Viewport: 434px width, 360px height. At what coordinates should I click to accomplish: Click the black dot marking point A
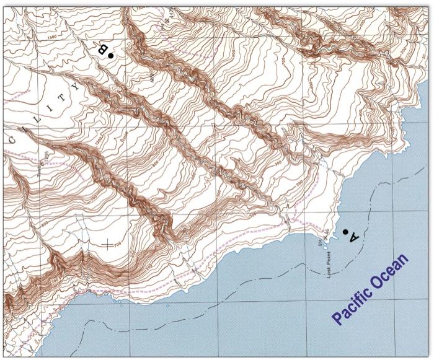tap(345, 232)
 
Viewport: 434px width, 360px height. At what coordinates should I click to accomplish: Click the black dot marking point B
tap(110, 56)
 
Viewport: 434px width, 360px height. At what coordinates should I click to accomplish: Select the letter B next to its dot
tap(103, 49)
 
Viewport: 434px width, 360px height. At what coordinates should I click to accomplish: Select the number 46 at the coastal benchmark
tap(327, 230)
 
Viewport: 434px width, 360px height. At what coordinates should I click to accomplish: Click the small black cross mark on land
tap(110, 244)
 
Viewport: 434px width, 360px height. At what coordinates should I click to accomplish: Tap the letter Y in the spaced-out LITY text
tap(76, 87)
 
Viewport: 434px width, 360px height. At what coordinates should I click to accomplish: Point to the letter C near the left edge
tap(12, 141)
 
